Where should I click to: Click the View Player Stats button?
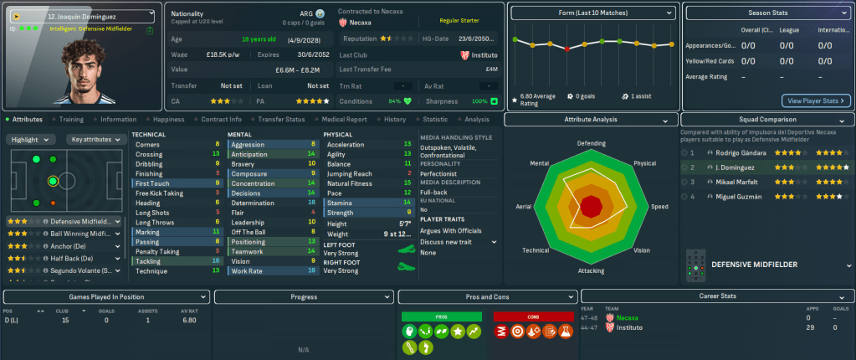click(x=817, y=100)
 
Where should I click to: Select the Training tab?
click(x=71, y=120)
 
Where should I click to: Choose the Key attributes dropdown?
click(x=93, y=139)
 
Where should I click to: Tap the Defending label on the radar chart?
click(x=591, y=143)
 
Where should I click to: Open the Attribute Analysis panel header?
click(x=591, y=120)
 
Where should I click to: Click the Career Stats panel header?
click(x=716, y=296)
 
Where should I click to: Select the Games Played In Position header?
click(x=105, y=296)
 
